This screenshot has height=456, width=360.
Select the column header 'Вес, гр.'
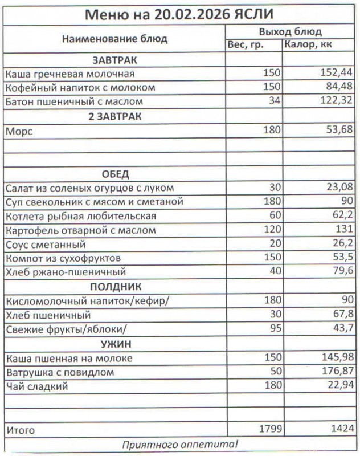tap(246, 45)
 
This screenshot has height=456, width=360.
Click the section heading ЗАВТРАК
tap(114, 60)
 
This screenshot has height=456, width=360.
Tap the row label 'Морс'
tap(19, 131)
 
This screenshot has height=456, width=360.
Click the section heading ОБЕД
tap(114, 174)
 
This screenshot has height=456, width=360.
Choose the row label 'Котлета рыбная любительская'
tap(80, 217)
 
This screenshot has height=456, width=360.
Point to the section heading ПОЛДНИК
tap(114, 287)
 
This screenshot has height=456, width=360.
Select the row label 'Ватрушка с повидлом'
tap(60, 372)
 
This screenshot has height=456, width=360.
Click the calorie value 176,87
tap(336, 372)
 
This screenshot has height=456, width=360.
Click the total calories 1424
tap(341, 429)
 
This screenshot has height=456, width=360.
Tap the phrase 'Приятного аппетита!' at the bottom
tap(180, 444)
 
